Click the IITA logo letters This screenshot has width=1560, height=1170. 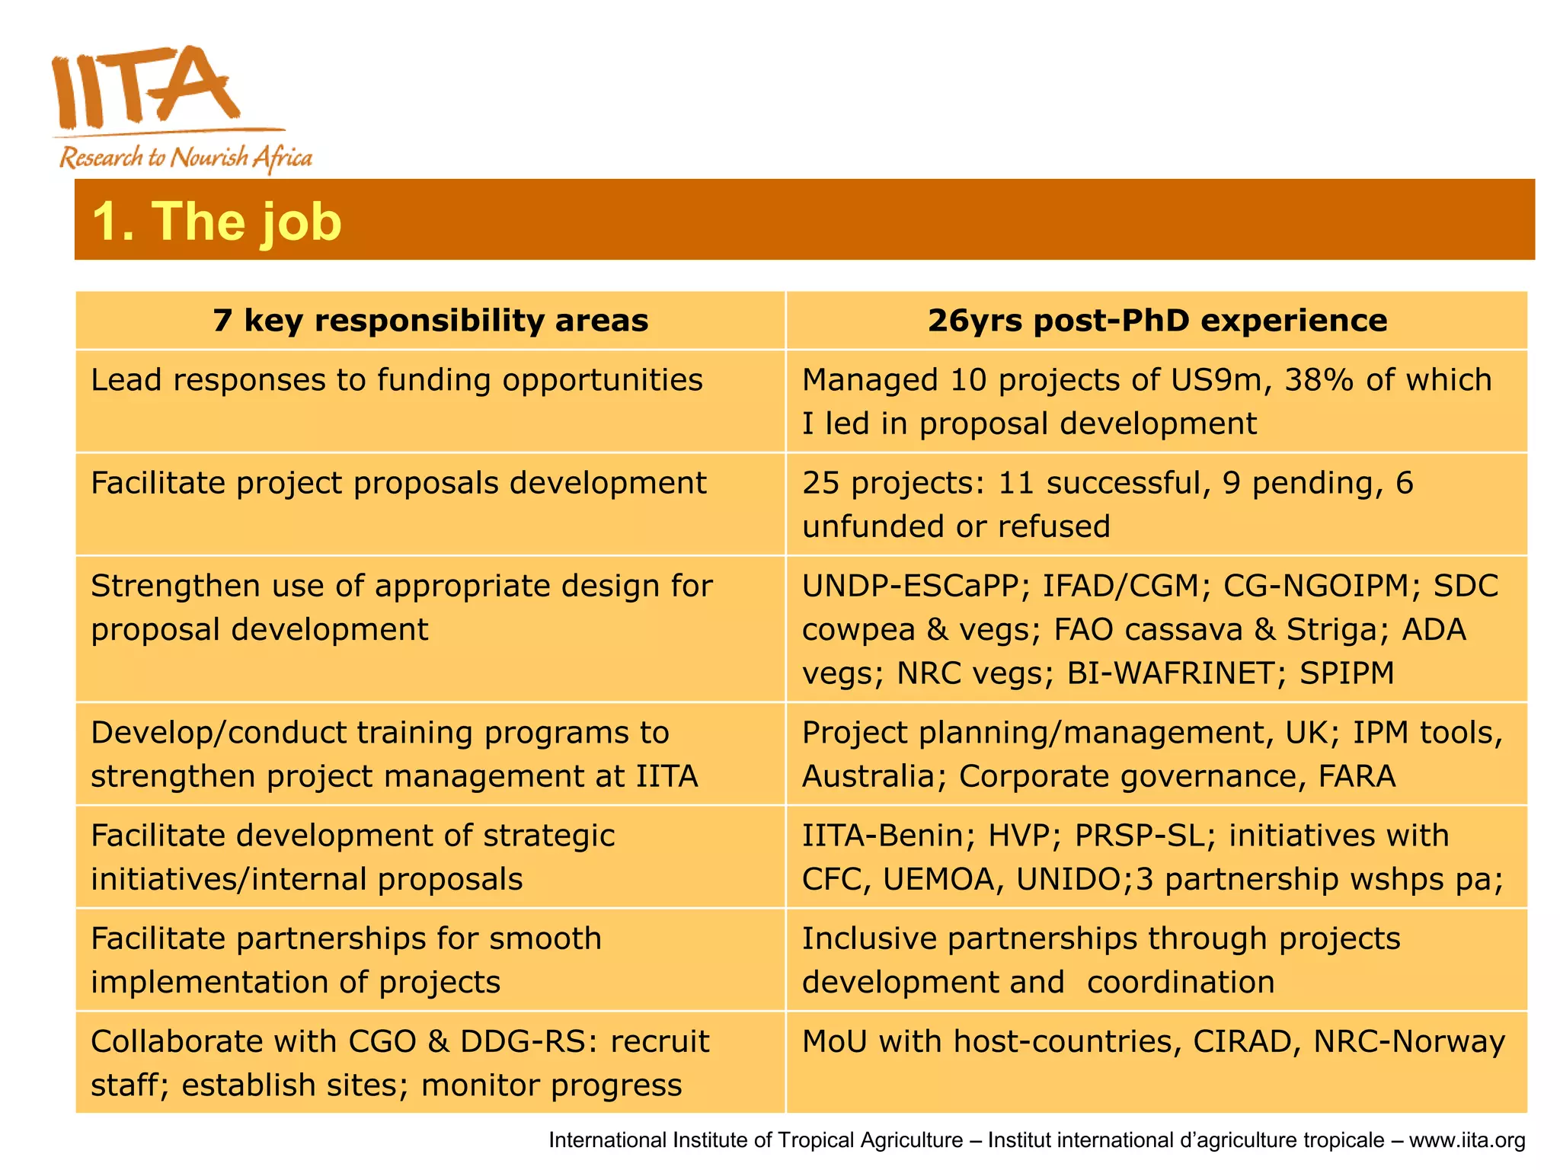tap(145, 88)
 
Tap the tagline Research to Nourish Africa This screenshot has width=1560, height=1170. tap(185, 158)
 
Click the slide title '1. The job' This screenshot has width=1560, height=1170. tap(216, 222)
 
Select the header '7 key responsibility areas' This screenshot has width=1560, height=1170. tap(430, 321)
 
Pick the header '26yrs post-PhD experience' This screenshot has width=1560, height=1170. tap(1156, 321)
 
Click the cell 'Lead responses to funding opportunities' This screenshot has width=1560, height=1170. tap(396, 380)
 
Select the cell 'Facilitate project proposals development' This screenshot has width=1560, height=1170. tap(398, 483)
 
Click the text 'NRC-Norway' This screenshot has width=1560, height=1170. tap(1408, 1041)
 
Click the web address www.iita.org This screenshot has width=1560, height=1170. tap(1466, 1140)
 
